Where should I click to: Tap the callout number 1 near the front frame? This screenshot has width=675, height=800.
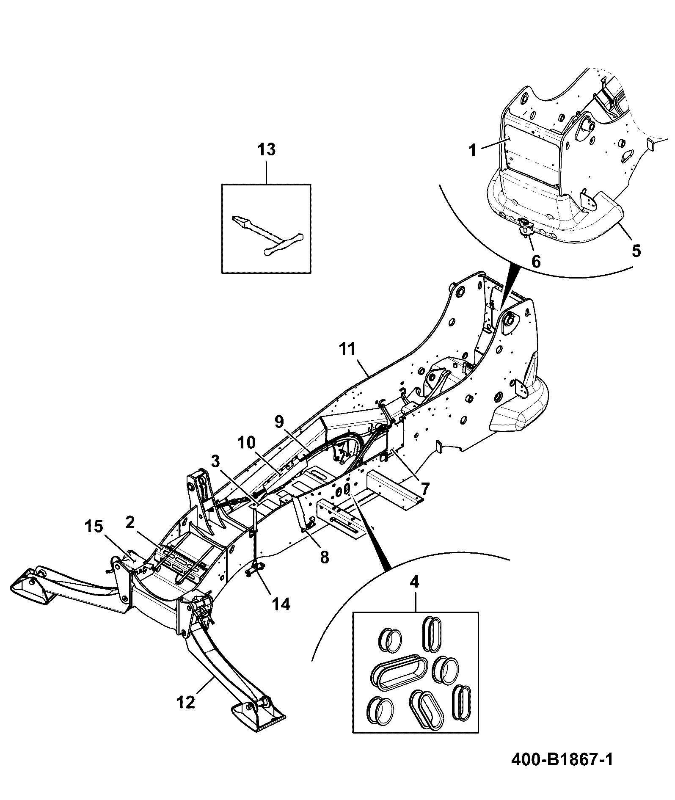(x=472, y=150)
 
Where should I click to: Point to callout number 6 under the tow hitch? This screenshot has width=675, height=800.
(x=536, y=262)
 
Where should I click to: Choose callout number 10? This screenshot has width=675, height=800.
(x=247, y=443)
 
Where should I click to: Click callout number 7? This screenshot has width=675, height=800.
(x=425, y=490)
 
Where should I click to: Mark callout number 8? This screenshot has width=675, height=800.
(x=324, y=557)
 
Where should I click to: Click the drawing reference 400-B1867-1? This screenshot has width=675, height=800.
(x=562, y=759)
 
